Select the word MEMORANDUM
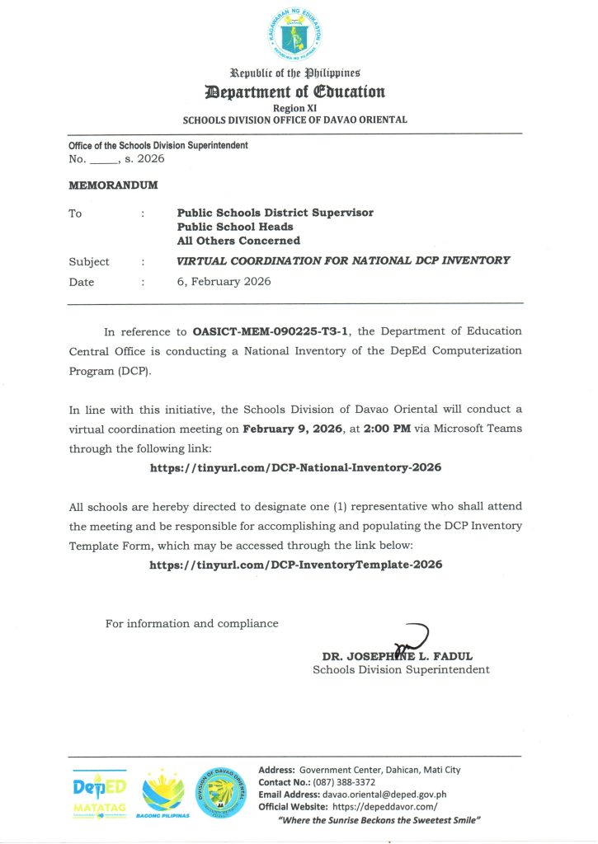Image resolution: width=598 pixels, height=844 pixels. point(113,185)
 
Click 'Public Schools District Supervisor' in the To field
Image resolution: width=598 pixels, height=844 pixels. point(275,213)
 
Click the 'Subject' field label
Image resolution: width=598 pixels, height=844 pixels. point(89,261)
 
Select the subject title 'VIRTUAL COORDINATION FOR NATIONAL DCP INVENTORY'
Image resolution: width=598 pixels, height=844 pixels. point(343,260)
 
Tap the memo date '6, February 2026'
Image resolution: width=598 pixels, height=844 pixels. point(224,282)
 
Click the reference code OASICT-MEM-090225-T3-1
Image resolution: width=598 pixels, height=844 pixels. point(271,331)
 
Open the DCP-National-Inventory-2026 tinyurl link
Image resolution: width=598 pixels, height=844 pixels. point(295,467)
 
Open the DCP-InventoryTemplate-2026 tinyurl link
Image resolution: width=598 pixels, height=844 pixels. point(295,565)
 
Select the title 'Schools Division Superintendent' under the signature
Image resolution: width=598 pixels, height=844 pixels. point(401,669)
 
